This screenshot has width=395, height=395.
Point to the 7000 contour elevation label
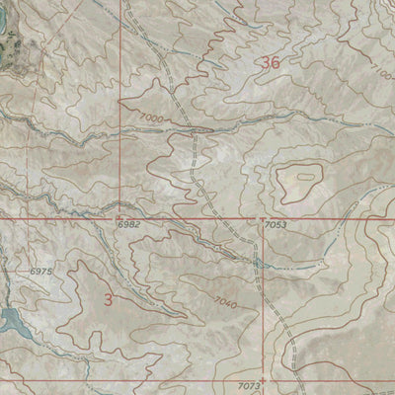click(150, 117)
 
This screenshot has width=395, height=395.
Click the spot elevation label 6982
click(128, 226)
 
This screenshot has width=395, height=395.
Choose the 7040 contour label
click(221, 305)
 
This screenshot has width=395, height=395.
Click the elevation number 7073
click(249, 383)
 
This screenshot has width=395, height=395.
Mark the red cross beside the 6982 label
click(117, 217)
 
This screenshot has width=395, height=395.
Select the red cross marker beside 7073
click(267, 380)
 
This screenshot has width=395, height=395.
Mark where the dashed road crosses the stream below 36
click(197, 129)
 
